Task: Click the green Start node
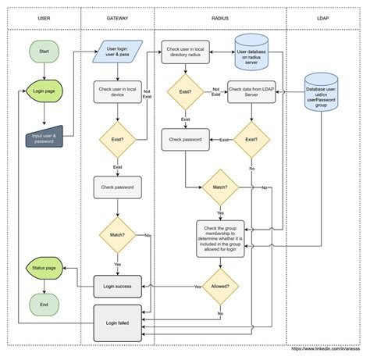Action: click(43, 52)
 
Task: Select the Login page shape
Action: click(43, 91)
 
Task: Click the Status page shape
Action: click(43, 268)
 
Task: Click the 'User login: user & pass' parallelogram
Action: click(118, 52)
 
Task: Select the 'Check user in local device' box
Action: click(118, 91)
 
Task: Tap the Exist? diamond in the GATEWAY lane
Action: click(118, 141)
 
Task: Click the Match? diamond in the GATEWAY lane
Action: click(118, 234)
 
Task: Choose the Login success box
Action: click(118, 287)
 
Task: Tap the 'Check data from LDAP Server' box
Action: click(252, 91)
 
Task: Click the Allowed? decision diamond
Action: click(220, 287)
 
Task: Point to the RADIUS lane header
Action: click(219, 16)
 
